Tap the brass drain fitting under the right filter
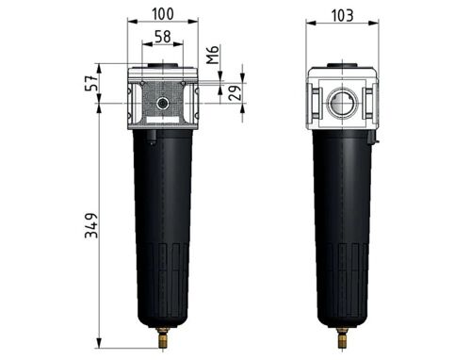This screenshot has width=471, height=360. coord(341,332)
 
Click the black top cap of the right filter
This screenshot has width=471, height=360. coord(341,65)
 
